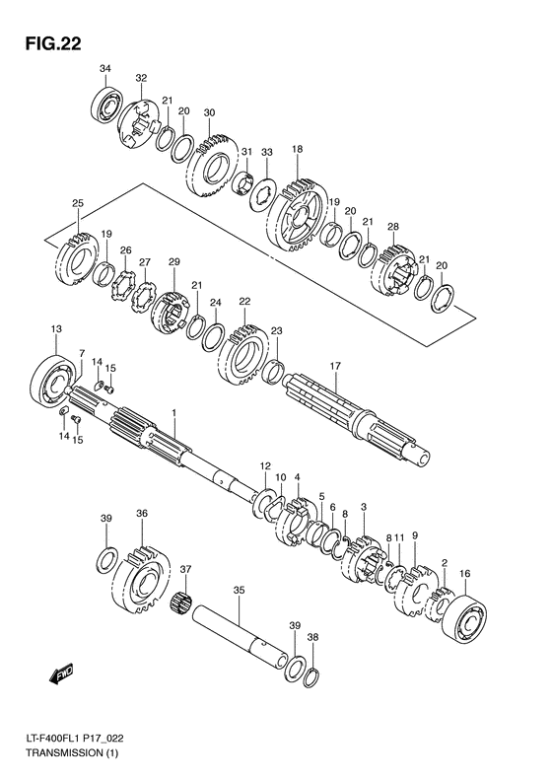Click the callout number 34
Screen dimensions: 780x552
(105, 67)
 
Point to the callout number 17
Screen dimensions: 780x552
(334, 366)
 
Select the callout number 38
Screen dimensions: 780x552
(313, 637)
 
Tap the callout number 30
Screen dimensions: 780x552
(209, 113)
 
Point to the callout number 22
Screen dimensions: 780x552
(244, 302)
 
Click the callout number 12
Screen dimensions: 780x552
(264, 464)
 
